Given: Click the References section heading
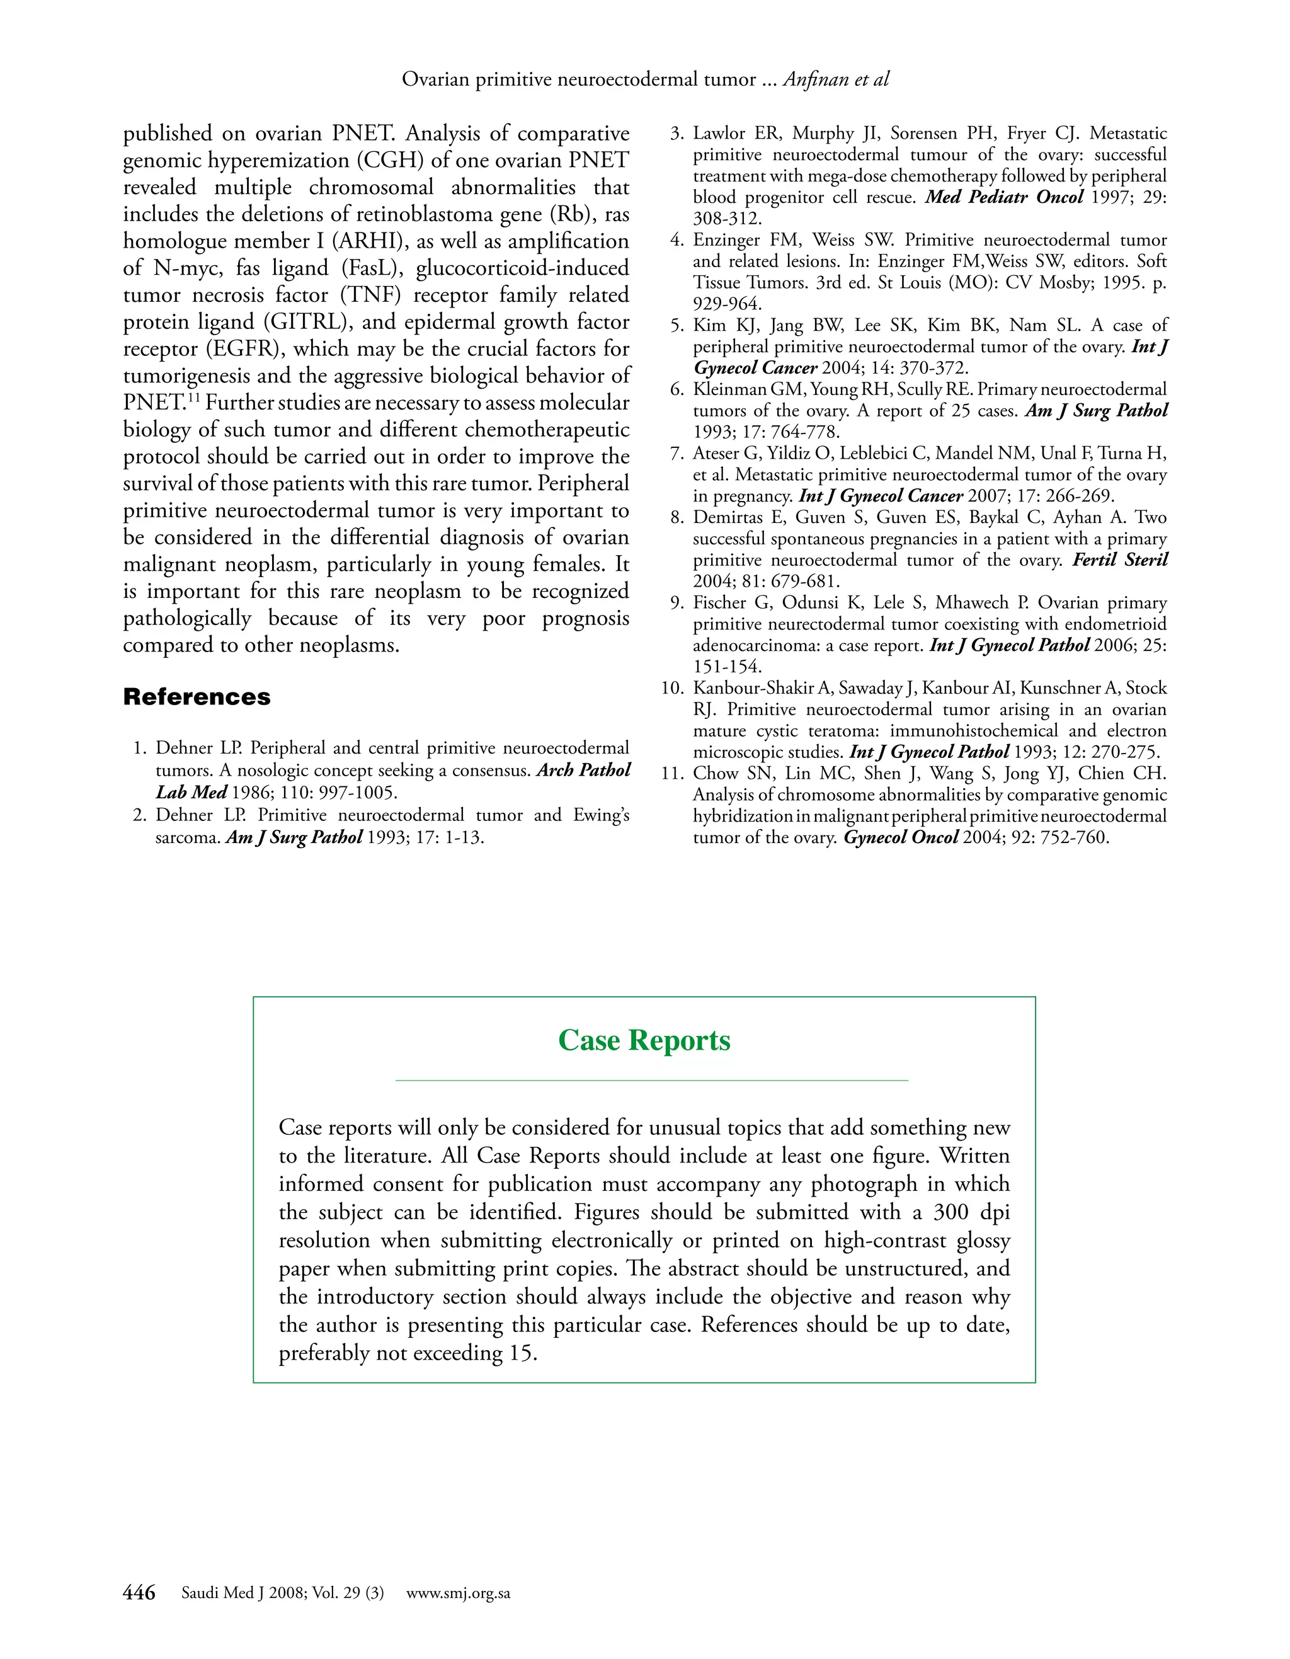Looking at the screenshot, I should click(197, 697).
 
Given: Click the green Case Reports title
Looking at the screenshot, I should click(644, 1040).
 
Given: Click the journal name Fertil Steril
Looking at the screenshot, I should click(1120, 560).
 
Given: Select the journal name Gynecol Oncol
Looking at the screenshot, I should click(901, 838).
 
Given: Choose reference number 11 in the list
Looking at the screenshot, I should click(673, 773).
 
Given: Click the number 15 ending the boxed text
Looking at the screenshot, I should click(522, 1353).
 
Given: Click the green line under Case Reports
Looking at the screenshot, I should click(651, 1079).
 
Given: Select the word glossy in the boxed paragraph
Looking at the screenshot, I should click(983, 1240).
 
